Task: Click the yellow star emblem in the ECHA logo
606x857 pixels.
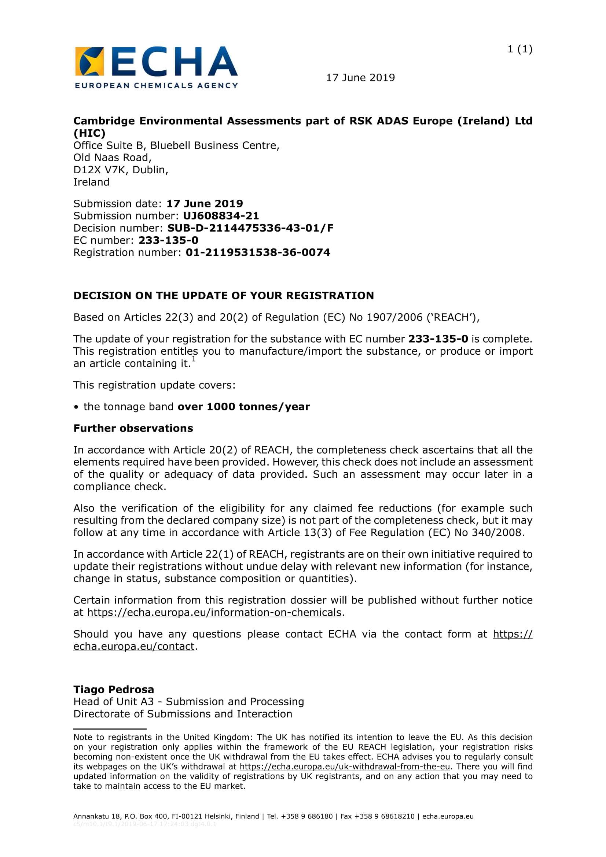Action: (x=89, y=62)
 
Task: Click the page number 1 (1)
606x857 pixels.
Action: (x=519, y=49)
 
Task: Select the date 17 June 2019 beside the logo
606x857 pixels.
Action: (x=360, y=78)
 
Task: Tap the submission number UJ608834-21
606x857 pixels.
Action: (x=221, y=216)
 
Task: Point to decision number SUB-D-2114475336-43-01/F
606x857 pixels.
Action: (x=250, y=228)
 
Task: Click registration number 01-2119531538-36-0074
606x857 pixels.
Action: (x=258, y=253)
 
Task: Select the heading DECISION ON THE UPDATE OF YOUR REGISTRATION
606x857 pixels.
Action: (x=223, y=296)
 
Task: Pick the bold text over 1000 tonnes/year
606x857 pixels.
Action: (x=243, y=406)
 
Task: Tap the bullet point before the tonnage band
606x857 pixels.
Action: (x=76, y=407)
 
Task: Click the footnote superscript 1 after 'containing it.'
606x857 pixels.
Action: (x=194, y=359)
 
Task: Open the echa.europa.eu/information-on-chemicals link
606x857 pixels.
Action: (x=214, y=613)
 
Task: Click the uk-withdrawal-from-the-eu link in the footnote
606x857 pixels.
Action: (x=345, y=767)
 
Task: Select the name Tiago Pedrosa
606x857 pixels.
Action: (x=114, y=690)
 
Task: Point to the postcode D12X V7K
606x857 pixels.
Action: (x=100, y=170)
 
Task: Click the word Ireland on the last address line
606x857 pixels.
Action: (x=91, y=182)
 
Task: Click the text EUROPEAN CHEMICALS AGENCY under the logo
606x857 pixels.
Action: (x=156, y=85)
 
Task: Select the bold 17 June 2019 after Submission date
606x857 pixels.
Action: (x=204, y=204)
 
